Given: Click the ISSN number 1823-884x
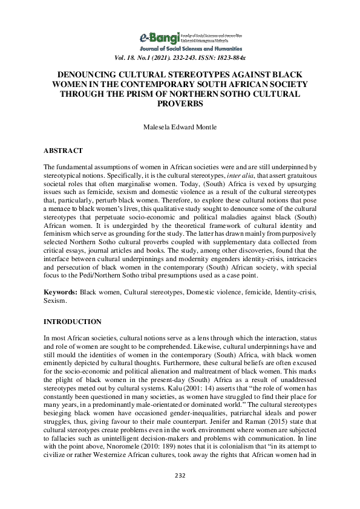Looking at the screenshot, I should (225, 58).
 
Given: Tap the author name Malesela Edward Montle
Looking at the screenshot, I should (179, 128).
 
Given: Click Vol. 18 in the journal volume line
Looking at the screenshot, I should (125, 58).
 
